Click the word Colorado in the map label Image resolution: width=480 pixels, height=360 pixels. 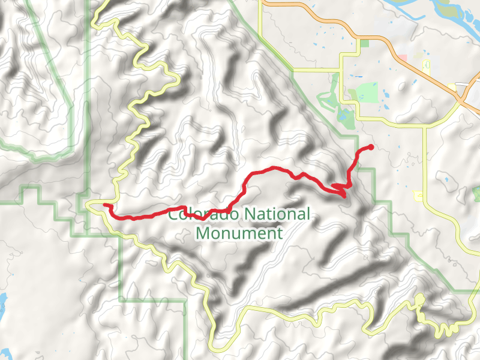(x=197, y=214)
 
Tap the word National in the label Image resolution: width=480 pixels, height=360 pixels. (x=278, y=214)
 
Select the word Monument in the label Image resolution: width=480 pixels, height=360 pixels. (x=239, y=233)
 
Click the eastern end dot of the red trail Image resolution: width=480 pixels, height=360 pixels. (x=370, y=147)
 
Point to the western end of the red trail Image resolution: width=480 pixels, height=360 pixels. (x=106, y=205)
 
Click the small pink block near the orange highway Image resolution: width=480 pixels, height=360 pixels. (x=401, y=58)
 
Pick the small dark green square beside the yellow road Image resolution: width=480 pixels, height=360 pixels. (x=365, y=43)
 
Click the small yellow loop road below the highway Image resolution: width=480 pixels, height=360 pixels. (x=427, y=64)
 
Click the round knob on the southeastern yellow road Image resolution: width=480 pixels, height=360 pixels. (x=419, y=299)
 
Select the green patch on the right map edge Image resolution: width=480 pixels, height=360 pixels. (x=476, y=194)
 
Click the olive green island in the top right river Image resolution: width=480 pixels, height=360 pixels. (x=447, y=10)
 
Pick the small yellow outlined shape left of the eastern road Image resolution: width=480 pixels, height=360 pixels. (x=418, y=196)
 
